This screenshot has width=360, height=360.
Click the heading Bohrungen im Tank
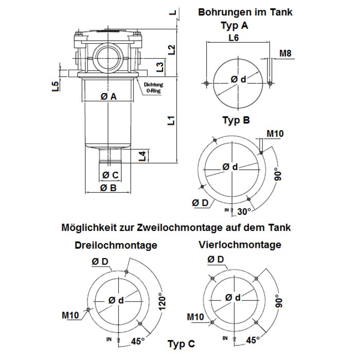245,12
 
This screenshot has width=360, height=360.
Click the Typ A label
235,26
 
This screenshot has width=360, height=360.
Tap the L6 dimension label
233,38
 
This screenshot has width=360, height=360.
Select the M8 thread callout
285,53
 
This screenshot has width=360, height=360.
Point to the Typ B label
236,120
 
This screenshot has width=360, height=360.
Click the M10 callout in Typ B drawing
275,133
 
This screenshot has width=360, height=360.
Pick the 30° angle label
244,211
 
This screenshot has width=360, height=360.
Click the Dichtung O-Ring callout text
154,88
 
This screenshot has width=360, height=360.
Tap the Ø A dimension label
109,97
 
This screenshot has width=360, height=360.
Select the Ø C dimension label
111,175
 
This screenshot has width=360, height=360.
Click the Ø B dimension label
109,188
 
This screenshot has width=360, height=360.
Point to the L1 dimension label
172,120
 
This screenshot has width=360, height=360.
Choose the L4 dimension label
142,156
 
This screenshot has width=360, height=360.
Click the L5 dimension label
56,86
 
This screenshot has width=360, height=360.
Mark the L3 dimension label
160,67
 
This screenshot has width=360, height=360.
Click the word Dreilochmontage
116,245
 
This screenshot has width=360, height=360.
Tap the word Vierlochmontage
240,244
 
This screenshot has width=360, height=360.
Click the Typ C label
182,344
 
